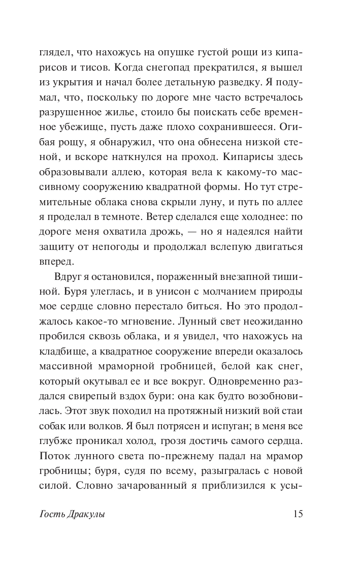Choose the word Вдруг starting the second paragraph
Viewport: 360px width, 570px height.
(x=68, y=277)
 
